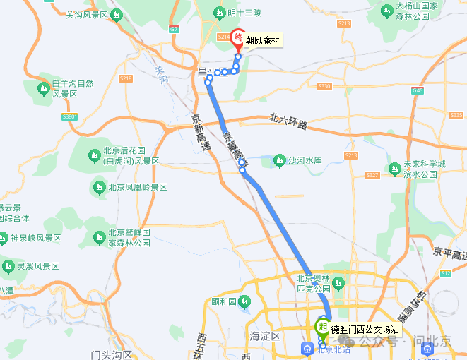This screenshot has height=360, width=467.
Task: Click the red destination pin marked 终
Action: tap(238, 38)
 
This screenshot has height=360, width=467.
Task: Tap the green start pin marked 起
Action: tap(322, 328)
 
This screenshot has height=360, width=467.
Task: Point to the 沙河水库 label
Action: tap(305, 161)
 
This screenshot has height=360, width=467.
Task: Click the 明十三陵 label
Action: tap(244, 13)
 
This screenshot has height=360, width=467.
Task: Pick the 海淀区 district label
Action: tap(265, 335)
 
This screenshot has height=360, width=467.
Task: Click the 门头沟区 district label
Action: tap(112, 354)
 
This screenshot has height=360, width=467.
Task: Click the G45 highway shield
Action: tap(418, 91)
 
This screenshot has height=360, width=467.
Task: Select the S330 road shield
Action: tap(324, 86)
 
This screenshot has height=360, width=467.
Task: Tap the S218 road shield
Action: tap(126, 78)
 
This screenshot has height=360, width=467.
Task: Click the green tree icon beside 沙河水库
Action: tap(279, 162)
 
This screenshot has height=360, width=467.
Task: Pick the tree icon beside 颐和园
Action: tap(244, 302)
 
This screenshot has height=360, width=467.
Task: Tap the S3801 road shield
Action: tap(69, 116)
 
